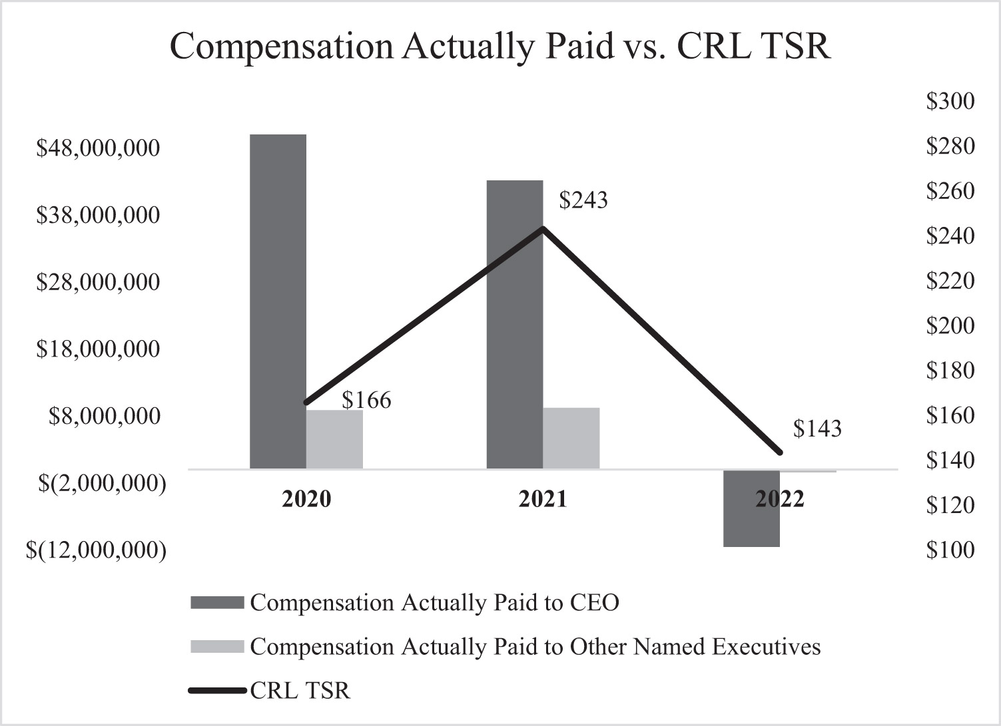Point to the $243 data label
click(x=583, y=200)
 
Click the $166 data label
click(x=366, y=400)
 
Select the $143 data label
click(x=817, y=429)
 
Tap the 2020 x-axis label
click(x=306, y=498)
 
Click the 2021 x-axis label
click(x=543, y=498)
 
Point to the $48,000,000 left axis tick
click(x=98, y=148)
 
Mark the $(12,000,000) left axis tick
click(x=96, y=550)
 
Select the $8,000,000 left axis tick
click(x=105, y=416)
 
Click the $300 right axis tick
click(x=950, y=101)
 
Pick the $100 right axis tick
click(x=950, y=550)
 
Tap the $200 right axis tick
click(x=950, y=325)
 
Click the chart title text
click(x=500, y=47)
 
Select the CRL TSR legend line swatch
click(x=217, y=691)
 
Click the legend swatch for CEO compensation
click(x=217, y=603)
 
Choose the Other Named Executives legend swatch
click(x=217, y=647)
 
